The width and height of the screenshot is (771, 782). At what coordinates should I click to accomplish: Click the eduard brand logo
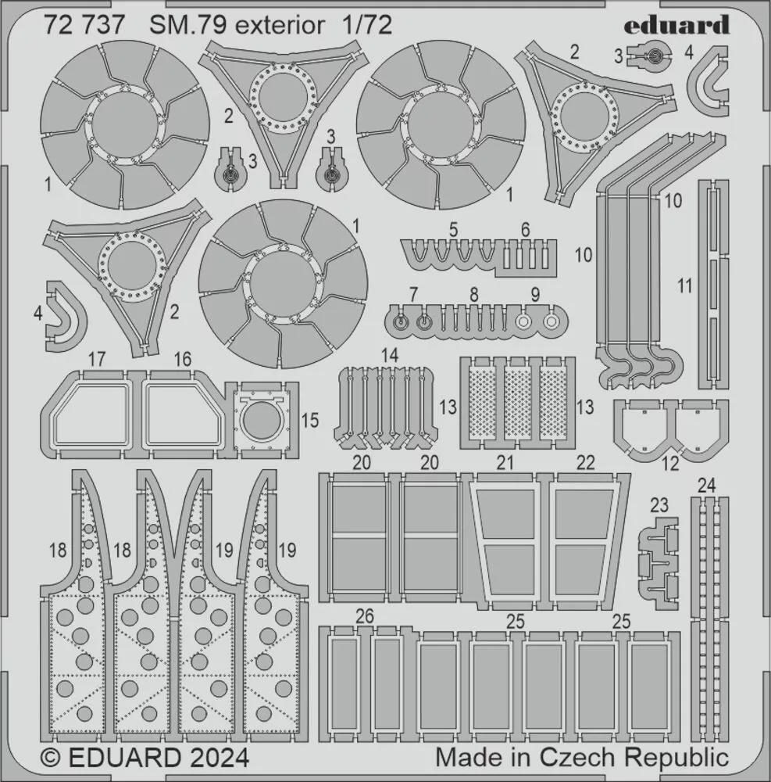[676, 25]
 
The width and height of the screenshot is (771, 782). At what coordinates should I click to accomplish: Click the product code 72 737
[84, 25]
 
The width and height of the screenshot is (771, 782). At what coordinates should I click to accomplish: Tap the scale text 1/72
[366, 25]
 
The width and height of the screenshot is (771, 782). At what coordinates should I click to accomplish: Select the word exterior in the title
[280, 26]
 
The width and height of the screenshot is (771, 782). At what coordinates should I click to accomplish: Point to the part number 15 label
[310, 420]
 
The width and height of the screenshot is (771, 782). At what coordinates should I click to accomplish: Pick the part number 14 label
[390, 355]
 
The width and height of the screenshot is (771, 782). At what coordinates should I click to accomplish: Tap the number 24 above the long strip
[706, 485]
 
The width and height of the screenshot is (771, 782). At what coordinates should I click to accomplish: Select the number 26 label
[365, 616]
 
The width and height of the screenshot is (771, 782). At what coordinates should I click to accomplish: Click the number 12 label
[671, 464]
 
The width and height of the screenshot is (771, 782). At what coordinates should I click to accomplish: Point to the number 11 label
[685, 286]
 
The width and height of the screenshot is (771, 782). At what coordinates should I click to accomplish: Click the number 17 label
[97, 359]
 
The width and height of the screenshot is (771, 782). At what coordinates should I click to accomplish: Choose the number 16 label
[183, 359]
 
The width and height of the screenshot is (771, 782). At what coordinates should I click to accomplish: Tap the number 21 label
[505, 462]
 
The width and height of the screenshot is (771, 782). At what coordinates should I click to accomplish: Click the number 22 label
[585, 462]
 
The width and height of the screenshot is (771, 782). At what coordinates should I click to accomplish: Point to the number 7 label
[413, 294]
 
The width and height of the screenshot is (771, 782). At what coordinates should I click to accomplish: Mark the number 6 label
[525, 229]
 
